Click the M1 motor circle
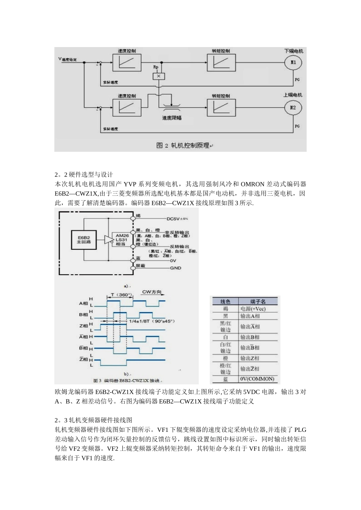293,62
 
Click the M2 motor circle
293,108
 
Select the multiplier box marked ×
158,76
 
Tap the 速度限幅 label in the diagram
172,118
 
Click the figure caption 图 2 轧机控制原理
183,145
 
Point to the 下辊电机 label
294,51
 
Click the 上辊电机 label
294,95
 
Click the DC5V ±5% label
177,219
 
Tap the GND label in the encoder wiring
175,268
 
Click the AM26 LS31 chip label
122,240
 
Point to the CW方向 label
152,292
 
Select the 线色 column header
225,302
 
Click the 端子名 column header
258,302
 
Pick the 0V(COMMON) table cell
257,379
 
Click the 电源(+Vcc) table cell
253,309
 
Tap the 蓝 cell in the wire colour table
226,379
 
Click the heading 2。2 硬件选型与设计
84,175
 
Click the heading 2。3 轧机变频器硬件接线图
93,420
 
